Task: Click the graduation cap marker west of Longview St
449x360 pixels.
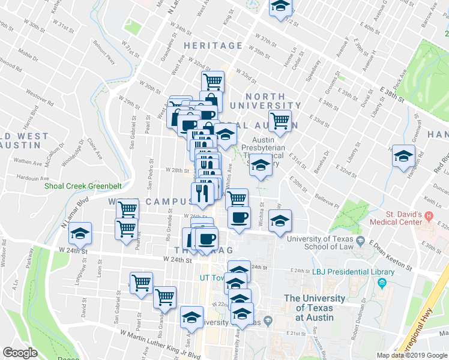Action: point(79,233)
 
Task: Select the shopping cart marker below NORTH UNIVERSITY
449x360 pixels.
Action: point(279,122)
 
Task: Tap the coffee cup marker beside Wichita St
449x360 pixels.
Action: point(239,217)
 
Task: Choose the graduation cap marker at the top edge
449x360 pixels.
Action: point(279,7)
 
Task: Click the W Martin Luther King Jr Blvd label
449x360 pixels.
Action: point(160,344)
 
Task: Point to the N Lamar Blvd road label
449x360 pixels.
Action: point(72,215)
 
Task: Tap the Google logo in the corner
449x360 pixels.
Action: point(20,353)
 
